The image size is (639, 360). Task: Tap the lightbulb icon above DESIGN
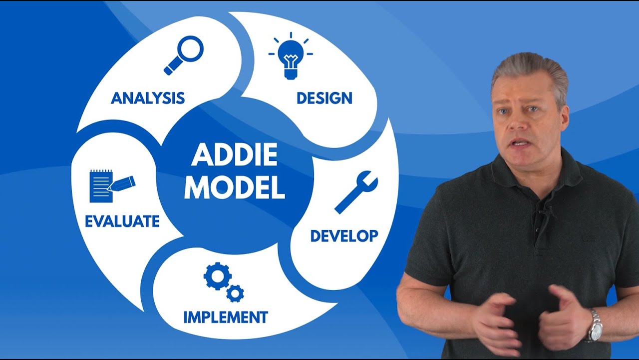coord(290,56)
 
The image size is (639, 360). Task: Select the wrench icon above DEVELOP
coord(356,192)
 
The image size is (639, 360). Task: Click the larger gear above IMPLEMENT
coord(217,276)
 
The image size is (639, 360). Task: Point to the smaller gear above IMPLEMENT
coord(235,293)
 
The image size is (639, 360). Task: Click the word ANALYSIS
coord(148,98)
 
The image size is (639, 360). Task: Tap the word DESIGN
coord(324,98)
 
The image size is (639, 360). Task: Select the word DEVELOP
coord(344,235)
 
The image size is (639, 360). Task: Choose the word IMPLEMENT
coord(226,317)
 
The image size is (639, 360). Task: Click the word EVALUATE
coord(122,221)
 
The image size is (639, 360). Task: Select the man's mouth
coord(520,142)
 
